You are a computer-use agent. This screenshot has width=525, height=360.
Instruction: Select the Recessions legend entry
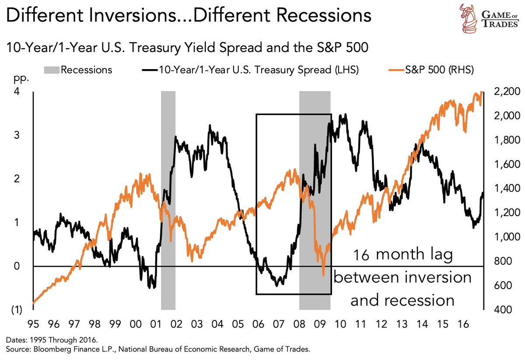[87, 70]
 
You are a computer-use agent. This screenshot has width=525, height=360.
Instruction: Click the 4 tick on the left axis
[17, 92]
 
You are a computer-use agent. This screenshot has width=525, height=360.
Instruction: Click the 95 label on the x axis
[33, 325]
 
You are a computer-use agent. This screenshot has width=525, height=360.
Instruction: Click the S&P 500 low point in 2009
[323, 275]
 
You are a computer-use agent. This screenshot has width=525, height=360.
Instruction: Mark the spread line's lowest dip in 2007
[276, 285]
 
